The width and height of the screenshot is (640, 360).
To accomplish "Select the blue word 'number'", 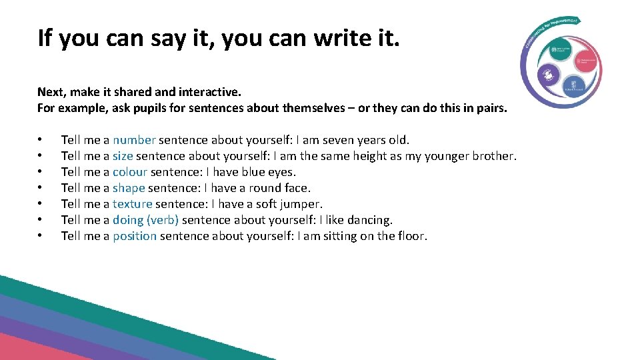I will tap(134, 140).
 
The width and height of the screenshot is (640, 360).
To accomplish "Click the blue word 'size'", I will tap(123, 156).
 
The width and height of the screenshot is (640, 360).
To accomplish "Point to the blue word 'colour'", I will tap(129, 172).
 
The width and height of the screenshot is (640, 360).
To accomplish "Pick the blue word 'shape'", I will tap(129, 188).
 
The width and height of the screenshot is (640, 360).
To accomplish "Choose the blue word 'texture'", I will tap(132, 204).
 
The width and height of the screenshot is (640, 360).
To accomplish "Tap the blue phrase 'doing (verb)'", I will tap(145, 220).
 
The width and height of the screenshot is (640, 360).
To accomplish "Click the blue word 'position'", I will tap(135, 236).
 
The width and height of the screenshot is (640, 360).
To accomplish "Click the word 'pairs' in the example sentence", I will tap(491, 108).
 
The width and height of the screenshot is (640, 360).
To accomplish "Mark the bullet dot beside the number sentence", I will tap(41, 140).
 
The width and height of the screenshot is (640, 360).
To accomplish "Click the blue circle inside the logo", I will tap(573, 85).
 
